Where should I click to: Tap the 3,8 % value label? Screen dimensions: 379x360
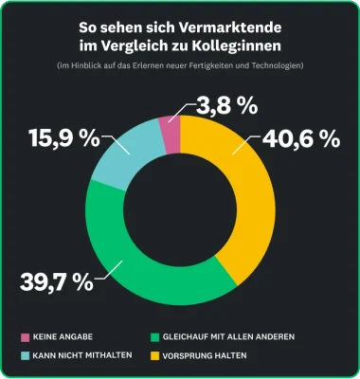[x=224, y=102]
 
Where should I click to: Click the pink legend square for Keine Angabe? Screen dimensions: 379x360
[x=24, y=337]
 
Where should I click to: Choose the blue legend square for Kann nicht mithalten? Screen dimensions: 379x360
[x=24, y=355]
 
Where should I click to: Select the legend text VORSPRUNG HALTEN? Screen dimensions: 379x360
[x=207, y=355]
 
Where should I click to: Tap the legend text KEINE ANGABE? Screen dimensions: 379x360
[x=63, y=337]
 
